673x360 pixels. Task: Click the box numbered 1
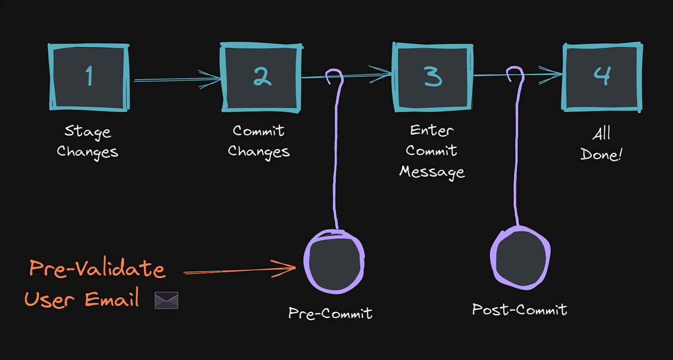coord(90,78)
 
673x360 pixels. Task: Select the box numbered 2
coord(261,78)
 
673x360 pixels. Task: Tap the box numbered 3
coord(432,78)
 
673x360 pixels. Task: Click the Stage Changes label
coord(87,142)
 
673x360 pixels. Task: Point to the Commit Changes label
coord(259,141)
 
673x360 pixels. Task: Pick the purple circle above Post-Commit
coord(518,256)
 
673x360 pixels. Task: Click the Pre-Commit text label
coord(330,312)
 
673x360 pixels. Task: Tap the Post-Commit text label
coord(519,309)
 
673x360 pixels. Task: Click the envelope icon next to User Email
coord(166,301)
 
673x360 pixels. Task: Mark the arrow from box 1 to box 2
coord(177,80)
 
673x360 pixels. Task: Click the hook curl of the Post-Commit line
coord(515,75)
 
